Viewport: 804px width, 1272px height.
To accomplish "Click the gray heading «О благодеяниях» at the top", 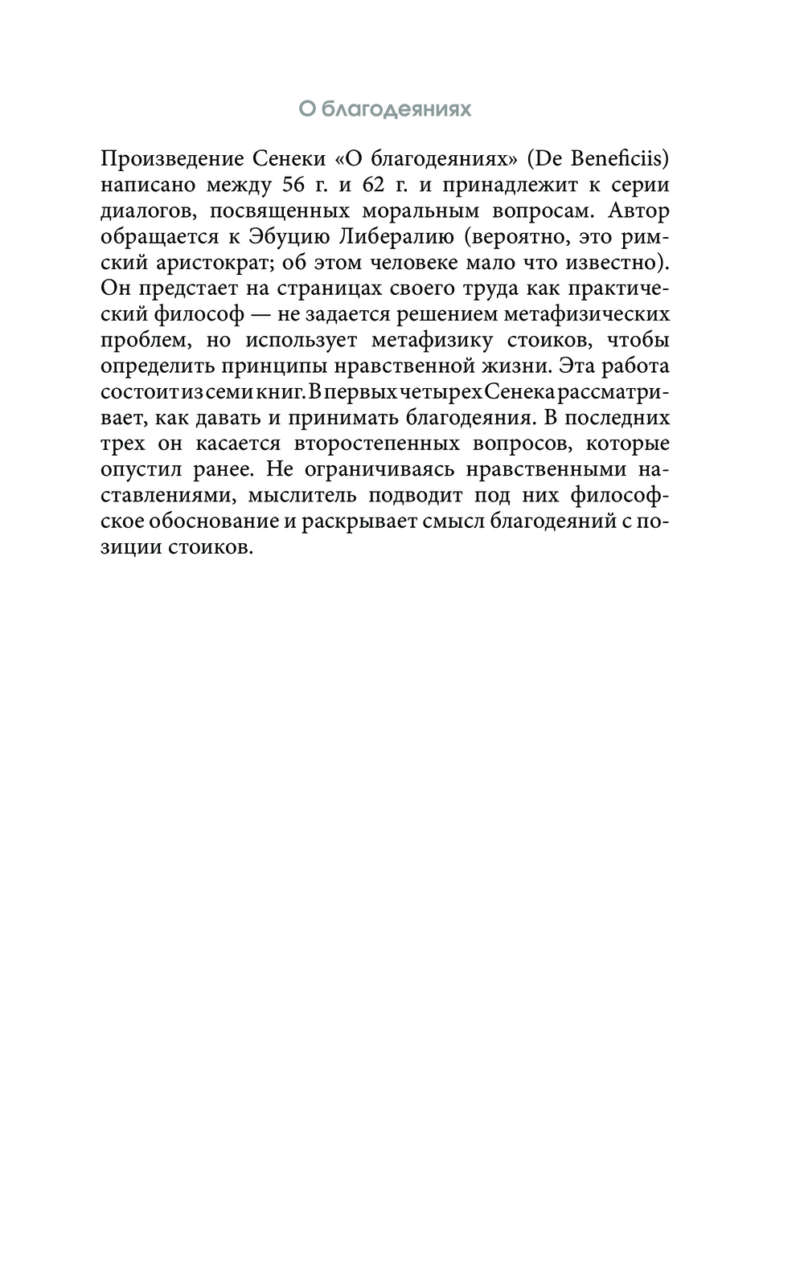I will click(x=385, y=108).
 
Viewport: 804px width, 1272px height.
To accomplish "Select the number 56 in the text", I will click(x=294, y=184).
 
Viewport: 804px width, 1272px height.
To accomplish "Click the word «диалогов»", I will click(x=142, y=211).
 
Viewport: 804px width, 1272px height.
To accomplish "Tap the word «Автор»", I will click(x=639, y=211).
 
